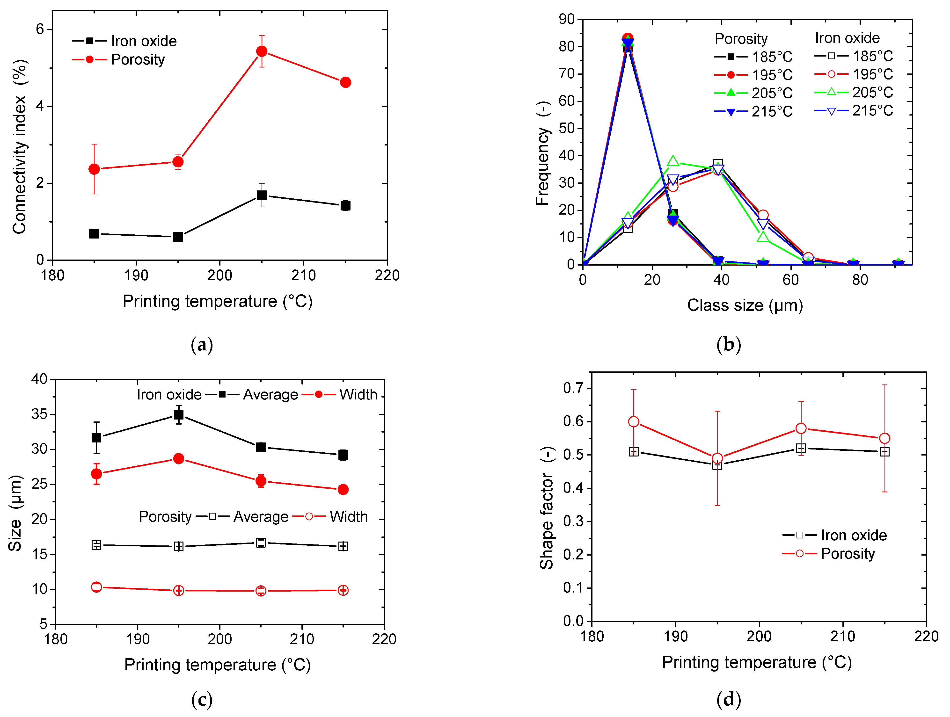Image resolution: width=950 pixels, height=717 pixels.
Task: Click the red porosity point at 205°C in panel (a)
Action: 262,51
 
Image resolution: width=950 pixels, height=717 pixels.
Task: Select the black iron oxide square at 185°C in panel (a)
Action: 94,233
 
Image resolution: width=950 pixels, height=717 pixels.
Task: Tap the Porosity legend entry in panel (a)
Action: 138,59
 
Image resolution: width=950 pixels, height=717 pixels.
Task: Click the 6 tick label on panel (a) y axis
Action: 40,29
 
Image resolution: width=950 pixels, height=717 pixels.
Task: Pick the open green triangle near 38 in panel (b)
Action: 672,161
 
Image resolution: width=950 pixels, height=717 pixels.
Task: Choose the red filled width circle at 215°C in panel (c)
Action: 343,489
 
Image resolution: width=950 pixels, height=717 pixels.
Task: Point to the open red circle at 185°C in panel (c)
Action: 97,587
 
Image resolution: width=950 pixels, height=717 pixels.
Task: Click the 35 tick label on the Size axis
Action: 39,414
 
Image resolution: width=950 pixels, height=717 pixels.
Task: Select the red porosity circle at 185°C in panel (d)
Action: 634,422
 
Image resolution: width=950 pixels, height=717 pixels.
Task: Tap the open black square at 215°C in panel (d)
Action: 884,452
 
